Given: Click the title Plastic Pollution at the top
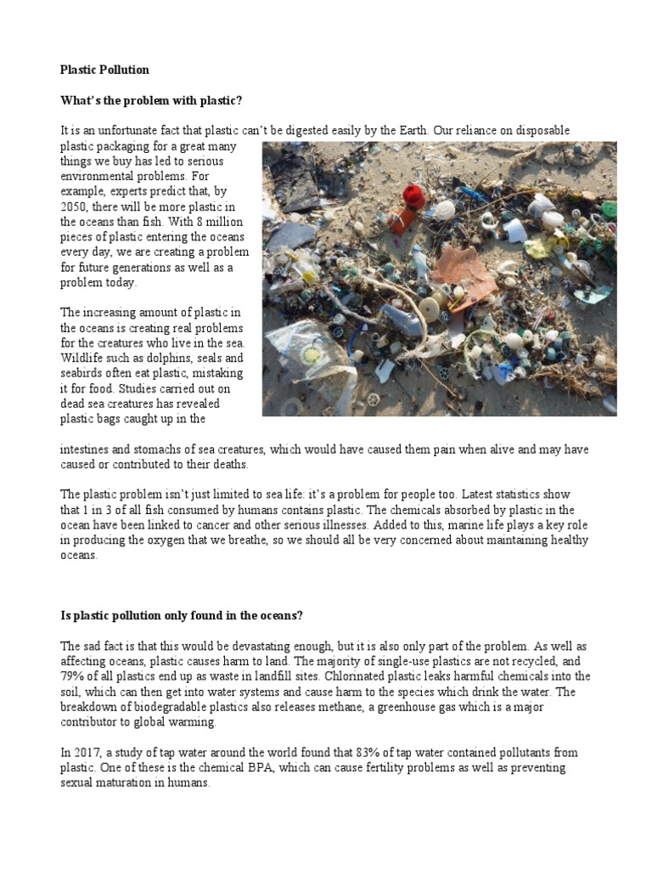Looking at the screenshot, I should click(x=104, y=70).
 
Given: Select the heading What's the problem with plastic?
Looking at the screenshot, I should click(x=151, y=101).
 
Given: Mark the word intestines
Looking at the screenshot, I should click(x=87, y=449).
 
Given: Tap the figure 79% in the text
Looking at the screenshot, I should click(x=74, y=675).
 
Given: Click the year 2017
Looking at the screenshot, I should click(x=88, y=753).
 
